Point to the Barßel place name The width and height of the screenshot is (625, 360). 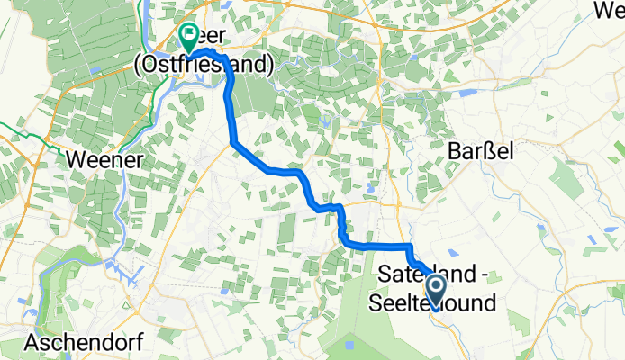click(480, 153)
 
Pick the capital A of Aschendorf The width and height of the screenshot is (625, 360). click(33, 342)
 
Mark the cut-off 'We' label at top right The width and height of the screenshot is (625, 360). click(610, 10)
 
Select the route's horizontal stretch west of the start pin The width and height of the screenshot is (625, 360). click(378, 245)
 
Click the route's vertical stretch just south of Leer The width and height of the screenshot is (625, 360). click(229, 108)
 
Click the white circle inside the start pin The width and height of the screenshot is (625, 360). click(436, 287)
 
